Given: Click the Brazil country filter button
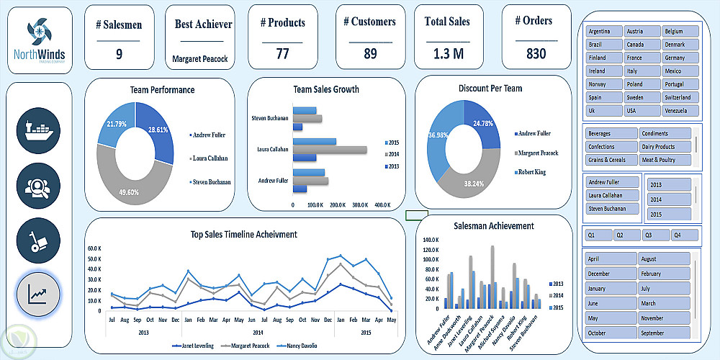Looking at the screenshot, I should pos(604,45).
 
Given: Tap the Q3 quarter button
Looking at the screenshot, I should pos(656,235).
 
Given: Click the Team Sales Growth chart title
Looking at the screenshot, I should pos(326,89).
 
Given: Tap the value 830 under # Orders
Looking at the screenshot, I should pos(536,53).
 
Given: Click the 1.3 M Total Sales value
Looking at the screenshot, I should pos(448,53).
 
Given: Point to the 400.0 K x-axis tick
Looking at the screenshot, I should pos(382,205).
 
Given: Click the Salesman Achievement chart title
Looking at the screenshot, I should pos(494,226).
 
